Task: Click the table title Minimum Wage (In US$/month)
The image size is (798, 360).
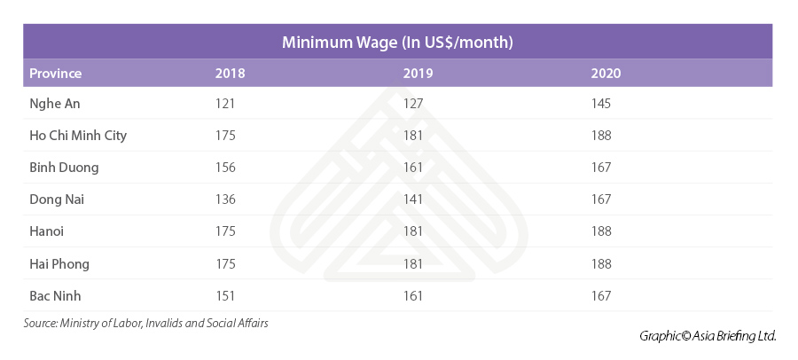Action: point(398,42)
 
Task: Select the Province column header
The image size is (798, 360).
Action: point(56,73)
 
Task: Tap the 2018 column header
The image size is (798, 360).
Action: point(230,73)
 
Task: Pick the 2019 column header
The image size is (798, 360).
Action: point(418,73)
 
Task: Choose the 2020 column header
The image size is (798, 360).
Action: point(606,73)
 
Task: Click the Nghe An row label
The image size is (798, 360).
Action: point(55,104)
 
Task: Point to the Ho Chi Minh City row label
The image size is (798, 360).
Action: point(78,136)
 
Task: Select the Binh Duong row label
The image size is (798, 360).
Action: point(64,168)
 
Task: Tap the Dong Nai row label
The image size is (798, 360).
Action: point(58,200)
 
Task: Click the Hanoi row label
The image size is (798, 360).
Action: point(47,231)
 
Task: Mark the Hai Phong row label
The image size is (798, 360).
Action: point(59,263)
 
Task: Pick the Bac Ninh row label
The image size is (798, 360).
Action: point(56,295)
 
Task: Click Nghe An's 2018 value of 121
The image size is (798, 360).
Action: point(225,104)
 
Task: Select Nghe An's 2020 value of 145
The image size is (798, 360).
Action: point(601,104)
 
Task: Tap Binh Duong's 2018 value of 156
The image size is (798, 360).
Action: point(225,168)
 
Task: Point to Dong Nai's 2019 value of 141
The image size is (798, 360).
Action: point(413,200)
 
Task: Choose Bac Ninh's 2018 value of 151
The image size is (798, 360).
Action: point(225,295)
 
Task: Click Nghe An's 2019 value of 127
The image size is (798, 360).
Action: point(413,104)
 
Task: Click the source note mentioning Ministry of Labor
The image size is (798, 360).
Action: point(146,324)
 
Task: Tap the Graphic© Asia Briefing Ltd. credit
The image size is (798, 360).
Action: point(708,336)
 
